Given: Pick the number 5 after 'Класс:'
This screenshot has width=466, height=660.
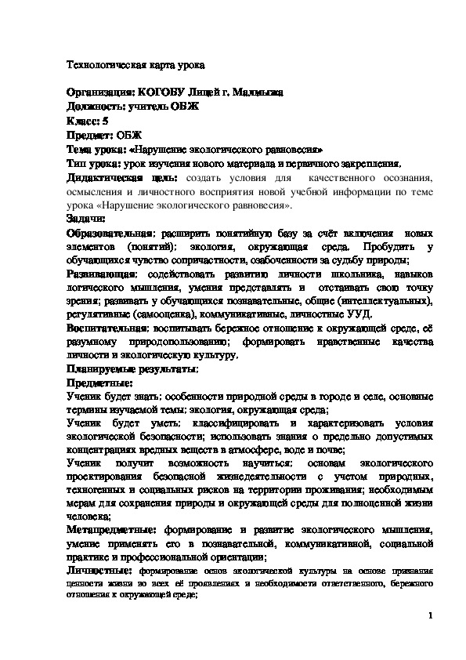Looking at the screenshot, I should click(x=107, y=121).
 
